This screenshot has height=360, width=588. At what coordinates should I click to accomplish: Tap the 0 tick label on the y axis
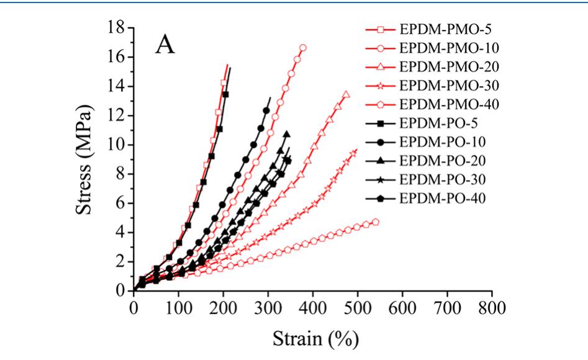pos(122,291)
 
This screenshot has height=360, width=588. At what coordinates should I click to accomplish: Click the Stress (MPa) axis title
pos(88,159)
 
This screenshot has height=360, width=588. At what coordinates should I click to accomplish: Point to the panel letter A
pos(165,45)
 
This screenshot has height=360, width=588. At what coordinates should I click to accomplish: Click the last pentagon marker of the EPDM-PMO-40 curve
pos(376,222)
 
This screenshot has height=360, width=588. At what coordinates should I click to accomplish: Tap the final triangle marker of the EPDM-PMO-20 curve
pos(346,94)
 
